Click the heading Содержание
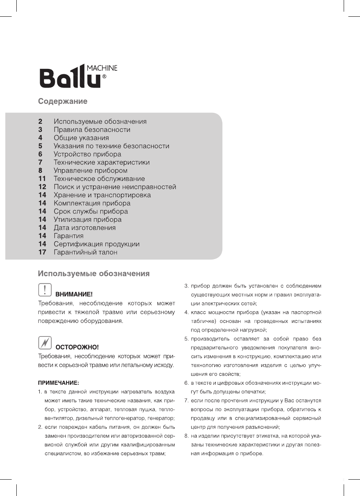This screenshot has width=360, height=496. pyautogui.click(x=63, y=102)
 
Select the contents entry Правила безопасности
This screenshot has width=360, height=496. pyautogui.click(x=92, y=130)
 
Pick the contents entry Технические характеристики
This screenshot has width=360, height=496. pyautogui.click(x=101, y=162)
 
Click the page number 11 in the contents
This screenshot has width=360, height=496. pyautogui.click(x=42, y=179)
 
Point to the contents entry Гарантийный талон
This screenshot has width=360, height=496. pyautogui.click(x=85, y=252)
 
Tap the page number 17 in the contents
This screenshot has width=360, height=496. pyautogui.click(x=42, y=252)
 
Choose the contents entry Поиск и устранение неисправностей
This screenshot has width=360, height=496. pyautogui.click(x=115, y=187)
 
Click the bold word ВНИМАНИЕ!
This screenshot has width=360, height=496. pyautogui.click(x=74, y=294)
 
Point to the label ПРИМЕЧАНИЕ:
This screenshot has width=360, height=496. pyautogui.click(x=58, y=383)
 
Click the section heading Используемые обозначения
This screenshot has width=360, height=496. pyautogui.click(x=94, y=274)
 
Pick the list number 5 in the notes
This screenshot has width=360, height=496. pyautogui.click(x=186, y=339)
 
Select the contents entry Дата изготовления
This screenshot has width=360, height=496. pyautogui.click(x=84, y=228)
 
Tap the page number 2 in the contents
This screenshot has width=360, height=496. pyautogui.click(x=40, y=121)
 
